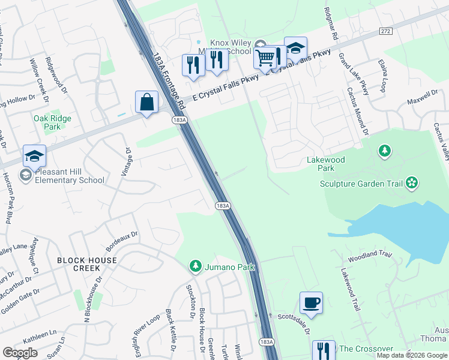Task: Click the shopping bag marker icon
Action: coord(146,103)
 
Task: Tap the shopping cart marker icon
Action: coord(265,58)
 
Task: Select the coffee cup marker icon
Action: coord(311,303)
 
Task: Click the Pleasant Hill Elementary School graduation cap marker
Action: coord(34,156)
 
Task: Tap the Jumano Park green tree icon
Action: coord(194,266)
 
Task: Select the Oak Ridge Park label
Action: coord(52,122)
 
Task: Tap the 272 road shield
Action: coord(386,31)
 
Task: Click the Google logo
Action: coord(20,353)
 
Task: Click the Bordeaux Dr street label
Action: coord(122,241)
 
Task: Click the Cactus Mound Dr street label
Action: coord(355,112)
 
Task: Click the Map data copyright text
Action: coord(411,355)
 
